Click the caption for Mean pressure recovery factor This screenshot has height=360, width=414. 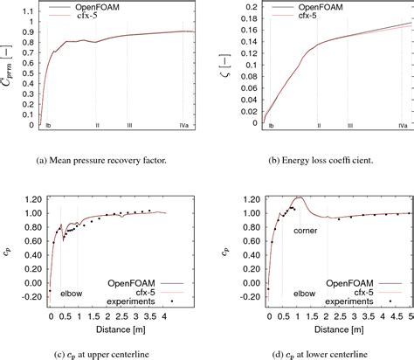(x=101, y=157)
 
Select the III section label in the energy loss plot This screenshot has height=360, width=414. (x=349, y=127)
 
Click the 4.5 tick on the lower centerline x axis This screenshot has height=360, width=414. (x=391, y=318)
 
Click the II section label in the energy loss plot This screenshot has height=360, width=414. (x=319, y=127)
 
